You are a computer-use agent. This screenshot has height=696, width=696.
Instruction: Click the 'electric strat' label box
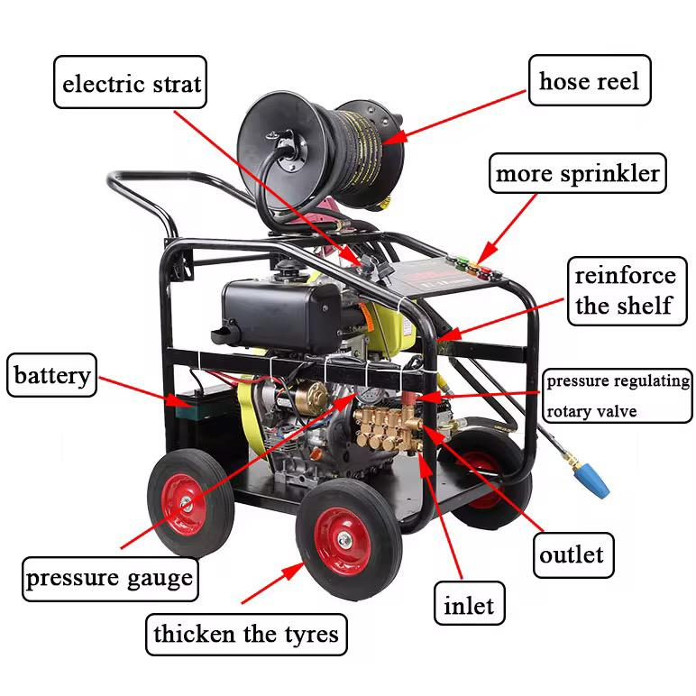(x=131, y=85)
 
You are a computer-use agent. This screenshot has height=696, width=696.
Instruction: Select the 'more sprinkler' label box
(x=576, y=174)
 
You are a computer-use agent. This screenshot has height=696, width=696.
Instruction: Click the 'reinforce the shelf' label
(x=625, y=290)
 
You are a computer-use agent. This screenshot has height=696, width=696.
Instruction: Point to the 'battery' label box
(x=52, y=375)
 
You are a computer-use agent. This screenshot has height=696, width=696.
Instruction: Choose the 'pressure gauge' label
(x=108, y=578)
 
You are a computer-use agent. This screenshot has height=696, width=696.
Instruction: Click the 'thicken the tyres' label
(x=245, y=634)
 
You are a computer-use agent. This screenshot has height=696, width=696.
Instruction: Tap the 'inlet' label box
(x=468, y=605)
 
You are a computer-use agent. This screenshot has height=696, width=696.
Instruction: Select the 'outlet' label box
(x=570, y=554)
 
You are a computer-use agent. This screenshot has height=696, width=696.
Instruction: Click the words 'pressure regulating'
(x=618, y=381)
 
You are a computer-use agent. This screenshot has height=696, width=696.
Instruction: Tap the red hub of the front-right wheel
(x=343, y=541)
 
